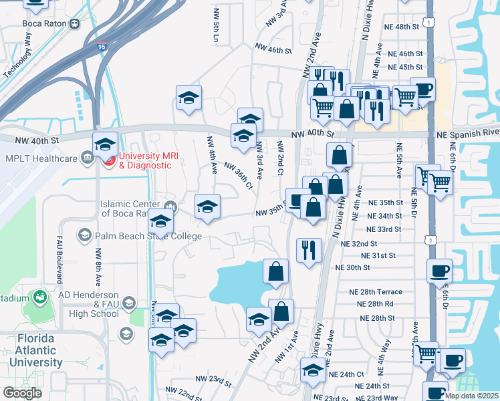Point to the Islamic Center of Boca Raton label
[x=130, y=209]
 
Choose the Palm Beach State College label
[x=148, y=236]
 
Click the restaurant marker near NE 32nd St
[x=308, y=251]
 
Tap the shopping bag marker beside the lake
[x=275, y=271]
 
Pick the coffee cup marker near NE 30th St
[x=440, y=271]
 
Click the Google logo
[x=22, y=393]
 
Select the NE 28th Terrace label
[x=375, y=292]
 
